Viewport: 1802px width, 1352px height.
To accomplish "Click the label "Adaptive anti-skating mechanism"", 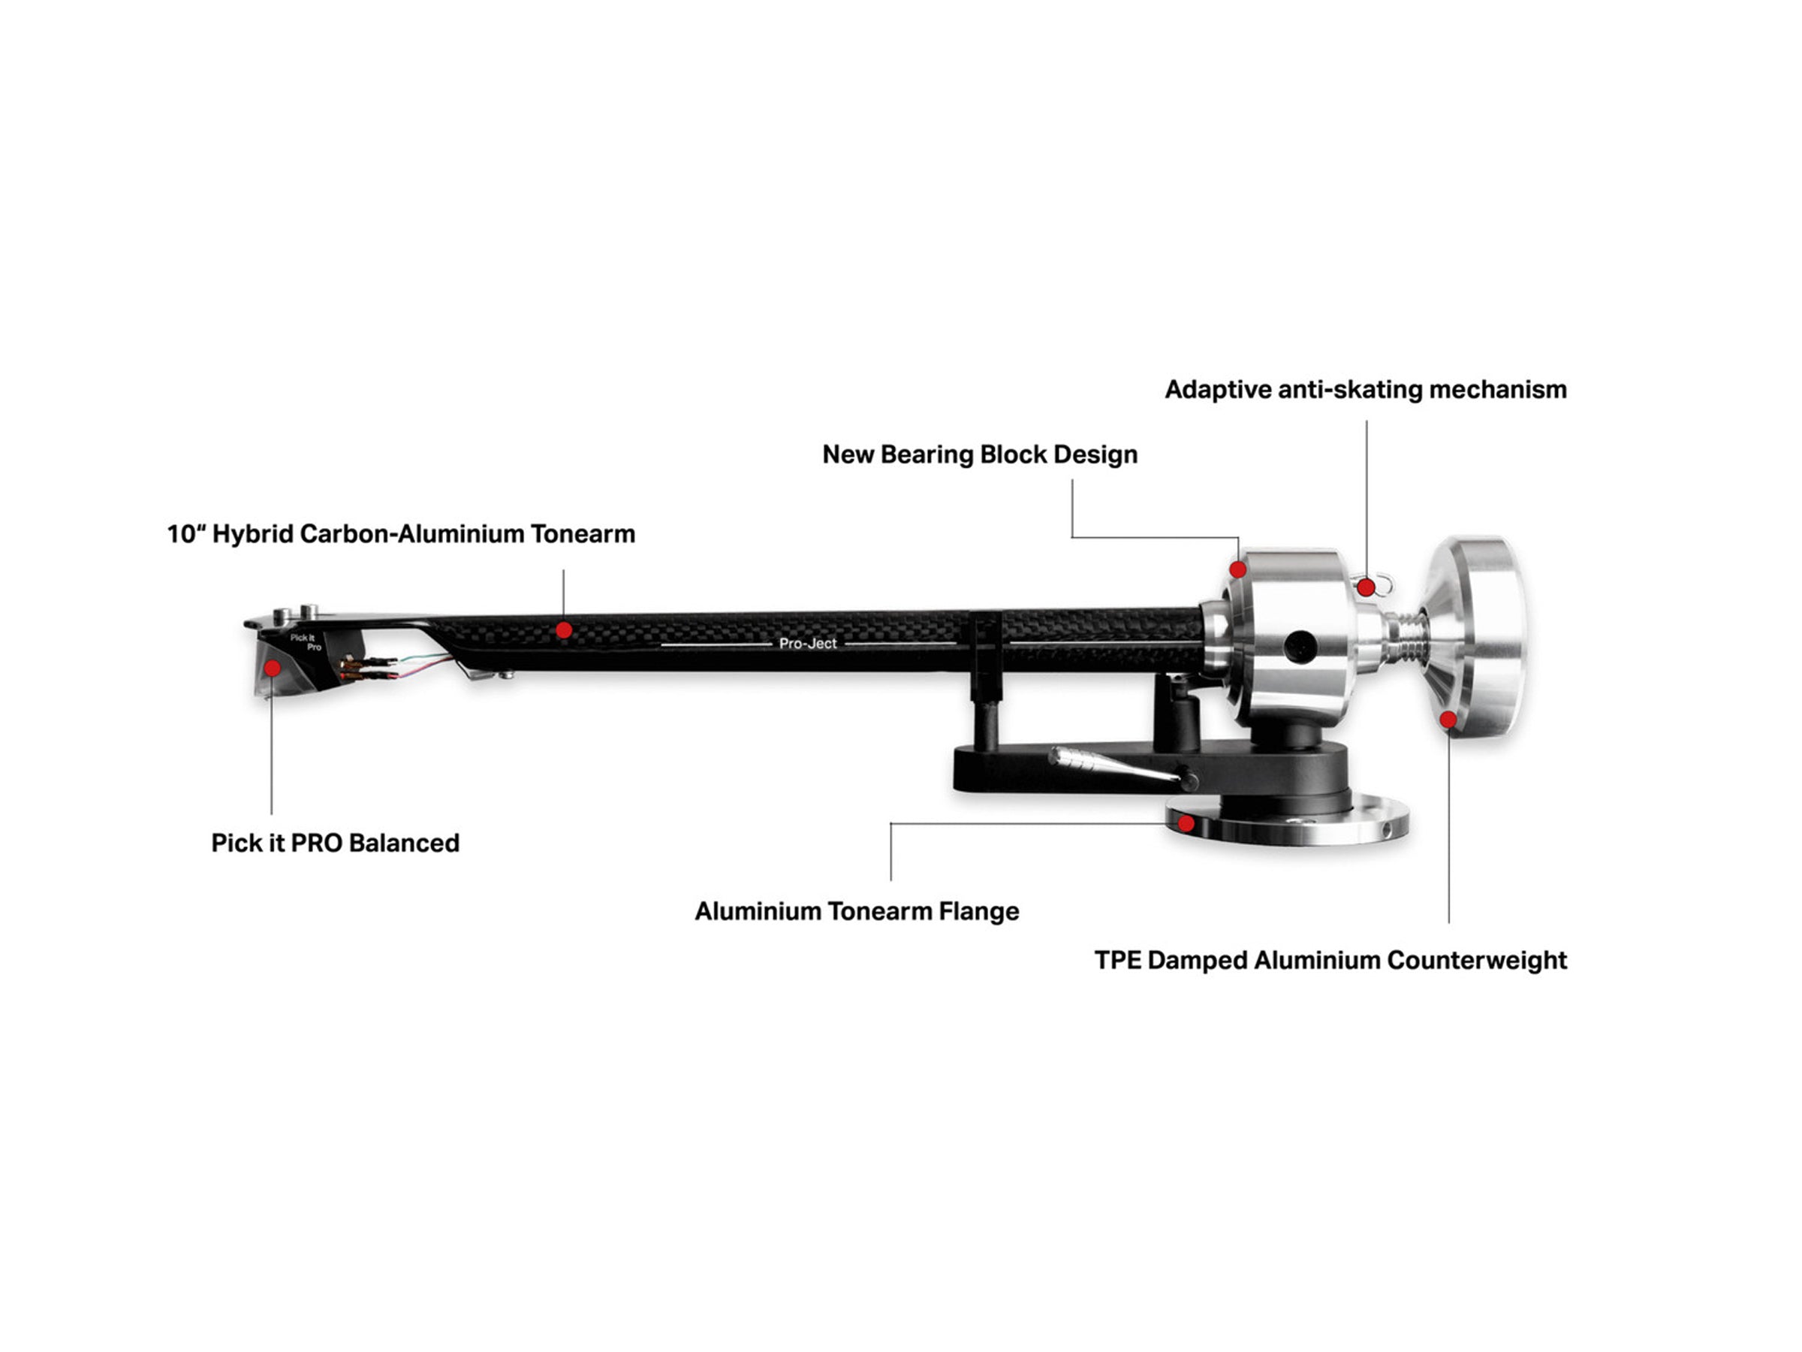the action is [1365, 390].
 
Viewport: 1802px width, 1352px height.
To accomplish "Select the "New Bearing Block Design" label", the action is [980, 454].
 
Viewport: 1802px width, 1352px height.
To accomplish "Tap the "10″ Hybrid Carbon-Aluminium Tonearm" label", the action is [401, 534].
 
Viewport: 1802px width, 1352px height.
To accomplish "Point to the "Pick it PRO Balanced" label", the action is [335, 843].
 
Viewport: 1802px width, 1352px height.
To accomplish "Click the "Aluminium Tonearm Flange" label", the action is [857, 911].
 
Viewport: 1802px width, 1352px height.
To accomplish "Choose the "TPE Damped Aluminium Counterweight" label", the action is [1330, 960].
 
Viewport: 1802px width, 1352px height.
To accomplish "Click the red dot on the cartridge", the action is [273, 668].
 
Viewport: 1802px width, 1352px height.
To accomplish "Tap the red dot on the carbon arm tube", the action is [564, 630].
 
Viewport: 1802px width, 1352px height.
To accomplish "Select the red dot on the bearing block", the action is [1238, 569].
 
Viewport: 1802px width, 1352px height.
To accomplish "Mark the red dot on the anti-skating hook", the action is [1367, 587].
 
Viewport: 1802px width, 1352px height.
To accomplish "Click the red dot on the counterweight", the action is [1448, 720].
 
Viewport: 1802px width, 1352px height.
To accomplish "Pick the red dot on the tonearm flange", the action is [1186, 824].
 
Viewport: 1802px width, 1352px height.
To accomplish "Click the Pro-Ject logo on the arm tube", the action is [807, 644].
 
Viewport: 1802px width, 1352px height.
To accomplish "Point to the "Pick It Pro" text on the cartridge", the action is [306, 642].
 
